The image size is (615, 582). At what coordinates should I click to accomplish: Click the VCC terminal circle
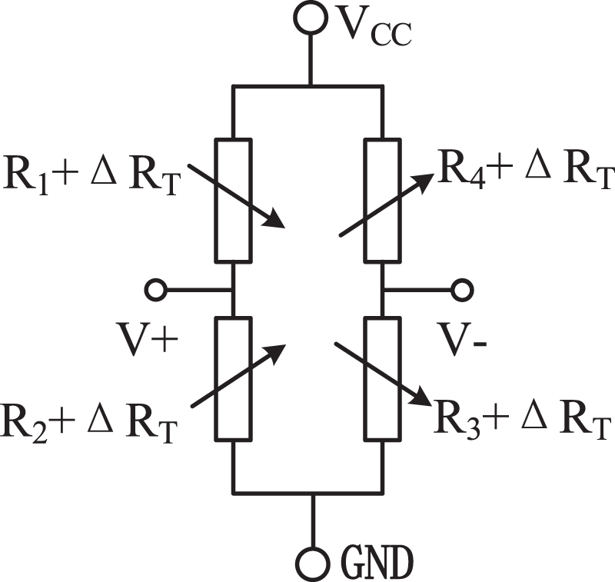pyautogui.click(x=311, y=19)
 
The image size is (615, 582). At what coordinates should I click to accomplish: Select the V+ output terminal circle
pyautogui.click(x=156, y=290)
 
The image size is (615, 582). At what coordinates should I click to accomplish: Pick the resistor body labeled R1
pyautogui.click(x=233, y=200)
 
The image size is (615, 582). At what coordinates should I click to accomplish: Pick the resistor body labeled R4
pyautogui.click(x=382, y=200)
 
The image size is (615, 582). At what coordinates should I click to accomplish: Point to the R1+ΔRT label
pyautogui.click(x=92, y=172)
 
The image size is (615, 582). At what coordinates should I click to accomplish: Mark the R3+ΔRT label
pyautogui.click(x=523, y=420)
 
